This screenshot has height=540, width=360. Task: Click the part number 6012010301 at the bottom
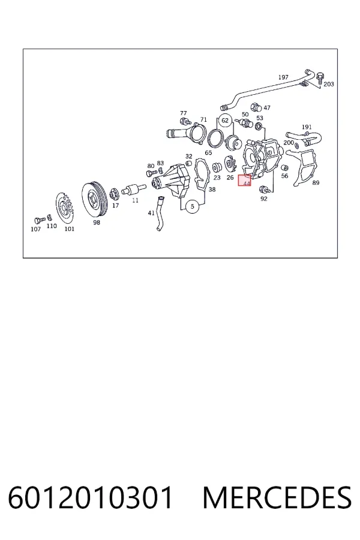90,497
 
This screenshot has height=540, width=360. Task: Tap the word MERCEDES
277,497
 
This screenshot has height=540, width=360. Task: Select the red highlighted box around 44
245,180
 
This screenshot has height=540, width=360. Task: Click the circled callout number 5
192,206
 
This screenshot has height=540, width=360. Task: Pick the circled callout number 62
225,120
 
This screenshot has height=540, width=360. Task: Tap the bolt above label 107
40,220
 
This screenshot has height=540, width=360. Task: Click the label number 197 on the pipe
283,77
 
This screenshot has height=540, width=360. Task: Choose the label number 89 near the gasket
316,182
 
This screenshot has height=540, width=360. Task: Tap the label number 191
307,127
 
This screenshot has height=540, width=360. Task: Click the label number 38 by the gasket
212,190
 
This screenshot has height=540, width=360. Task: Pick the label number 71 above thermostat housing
203,119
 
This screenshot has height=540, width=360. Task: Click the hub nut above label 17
115,194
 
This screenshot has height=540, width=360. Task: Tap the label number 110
52,226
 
